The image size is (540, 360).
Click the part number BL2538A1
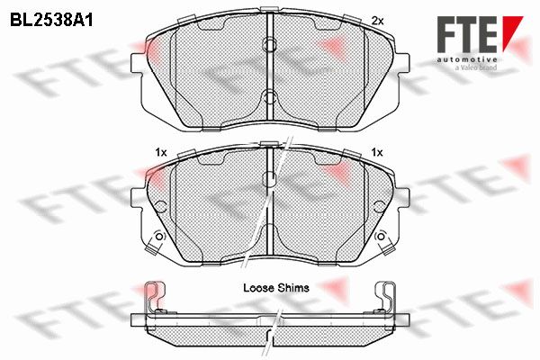tap(51, 21)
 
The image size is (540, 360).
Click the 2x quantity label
tap(377, 21)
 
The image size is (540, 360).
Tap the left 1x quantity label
tap(161, 152)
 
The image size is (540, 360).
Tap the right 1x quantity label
tap(377, 152)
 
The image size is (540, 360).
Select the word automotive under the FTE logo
tap(466, 59)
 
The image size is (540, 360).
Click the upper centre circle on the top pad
tap(270, 44)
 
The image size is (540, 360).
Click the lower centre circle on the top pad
tap(270, 97)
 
